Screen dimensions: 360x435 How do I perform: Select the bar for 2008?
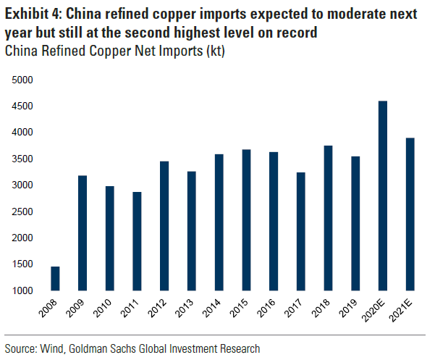(x=55, y=279)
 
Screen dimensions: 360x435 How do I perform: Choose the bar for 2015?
(x=247, y=220)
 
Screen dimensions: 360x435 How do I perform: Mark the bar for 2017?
(x=301, y=232)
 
